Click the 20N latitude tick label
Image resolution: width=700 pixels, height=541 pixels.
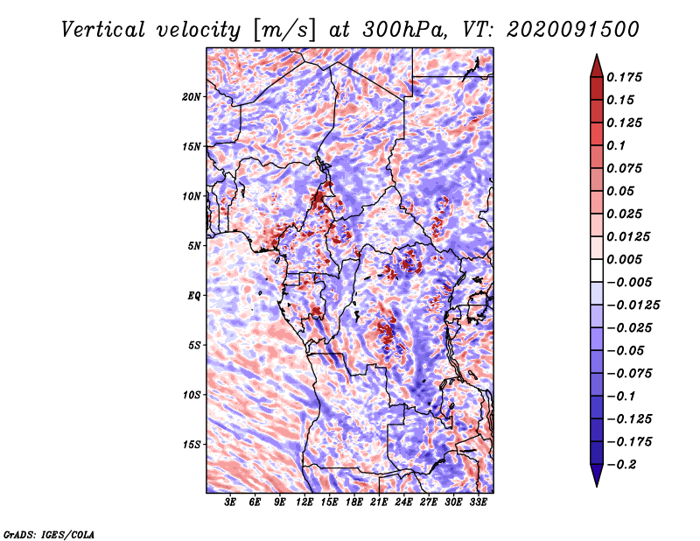pos(192,96)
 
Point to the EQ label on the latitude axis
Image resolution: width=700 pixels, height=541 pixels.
pos(194,295)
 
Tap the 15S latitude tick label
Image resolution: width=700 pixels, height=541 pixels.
pos(192,444)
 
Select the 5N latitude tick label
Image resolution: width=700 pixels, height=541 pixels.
pos(194,245)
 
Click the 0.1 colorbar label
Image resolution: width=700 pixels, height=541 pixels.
pos(616,145)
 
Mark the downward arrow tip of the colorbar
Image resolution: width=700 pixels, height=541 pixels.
pos(596,484)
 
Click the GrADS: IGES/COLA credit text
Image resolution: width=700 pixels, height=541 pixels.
pos(48,533)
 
